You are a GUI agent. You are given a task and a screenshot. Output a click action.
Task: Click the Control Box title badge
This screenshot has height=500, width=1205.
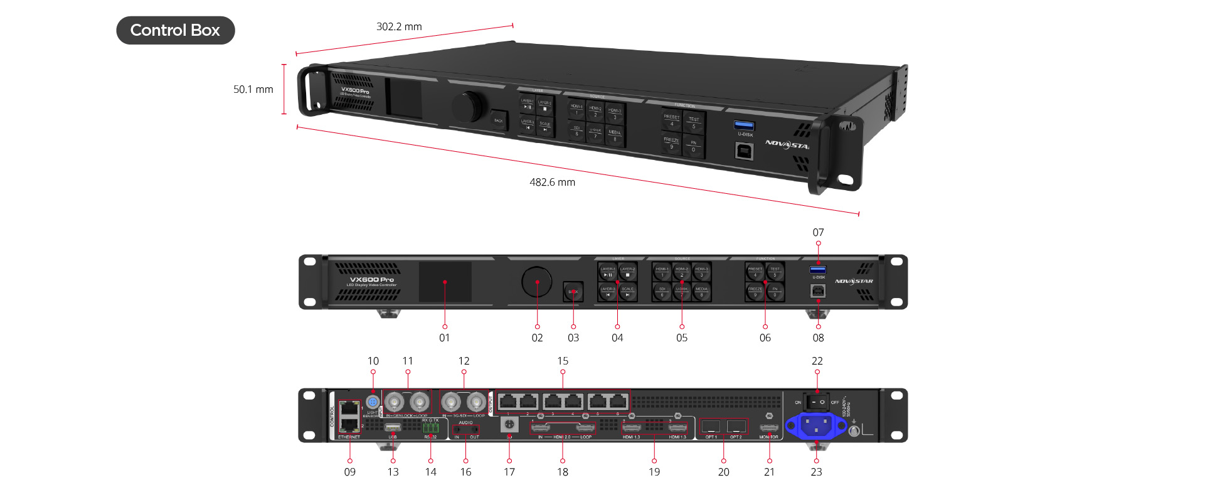[x=175, y=30]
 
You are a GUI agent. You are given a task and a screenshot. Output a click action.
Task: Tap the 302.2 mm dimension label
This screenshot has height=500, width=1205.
[x=399, y=26]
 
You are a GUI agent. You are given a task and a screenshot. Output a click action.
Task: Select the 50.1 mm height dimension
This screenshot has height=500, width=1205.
[x=253, y=89]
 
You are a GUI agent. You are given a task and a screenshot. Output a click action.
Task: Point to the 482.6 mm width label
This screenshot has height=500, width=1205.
[x=552, y=182]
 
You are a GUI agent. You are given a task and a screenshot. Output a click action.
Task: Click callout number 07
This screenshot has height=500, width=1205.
[x=818, y=232]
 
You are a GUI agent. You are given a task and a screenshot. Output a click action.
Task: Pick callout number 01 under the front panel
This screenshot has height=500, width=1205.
[x=444, y=338]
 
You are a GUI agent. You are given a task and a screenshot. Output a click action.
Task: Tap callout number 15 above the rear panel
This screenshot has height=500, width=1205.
[x=563, y=361]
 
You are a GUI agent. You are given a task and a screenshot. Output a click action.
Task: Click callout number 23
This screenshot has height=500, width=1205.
[x=816, y=472]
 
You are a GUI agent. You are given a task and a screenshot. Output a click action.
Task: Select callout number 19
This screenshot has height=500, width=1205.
[x=654, y=472]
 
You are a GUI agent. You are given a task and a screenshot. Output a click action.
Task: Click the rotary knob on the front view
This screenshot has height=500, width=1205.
[x=536, y=282]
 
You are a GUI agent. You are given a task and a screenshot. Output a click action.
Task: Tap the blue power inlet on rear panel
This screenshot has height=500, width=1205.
[x=817, y=426]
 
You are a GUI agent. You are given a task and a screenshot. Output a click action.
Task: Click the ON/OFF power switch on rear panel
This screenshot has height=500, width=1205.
[x=817, y=402]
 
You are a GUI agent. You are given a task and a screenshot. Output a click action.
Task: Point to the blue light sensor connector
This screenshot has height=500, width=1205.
[x=373, y=402]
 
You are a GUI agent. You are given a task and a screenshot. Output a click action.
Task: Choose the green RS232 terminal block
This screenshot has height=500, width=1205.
[x=430, y=428]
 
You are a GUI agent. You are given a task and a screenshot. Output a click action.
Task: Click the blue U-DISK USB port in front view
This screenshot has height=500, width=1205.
[x=818, y=270]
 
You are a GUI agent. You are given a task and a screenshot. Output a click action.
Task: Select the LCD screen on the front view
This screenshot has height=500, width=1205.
[x=445, y=282]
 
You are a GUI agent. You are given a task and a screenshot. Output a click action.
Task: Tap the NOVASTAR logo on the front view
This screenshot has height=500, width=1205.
[x=854, y=281]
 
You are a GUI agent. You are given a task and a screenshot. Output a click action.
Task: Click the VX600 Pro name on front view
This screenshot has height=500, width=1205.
[x=372, y=279]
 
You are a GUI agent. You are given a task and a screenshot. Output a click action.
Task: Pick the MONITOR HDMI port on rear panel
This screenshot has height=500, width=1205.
[x=769, y=428]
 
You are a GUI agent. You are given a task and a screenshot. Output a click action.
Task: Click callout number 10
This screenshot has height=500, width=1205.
[x=373, y=361]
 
